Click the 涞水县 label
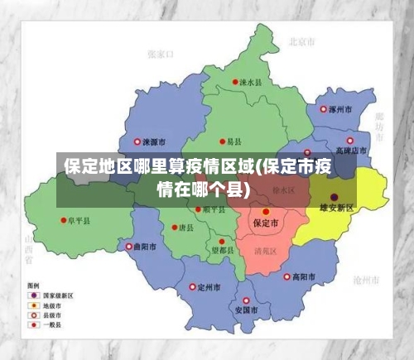point(251,83)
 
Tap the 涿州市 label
point(340,108)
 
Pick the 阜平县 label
point(79,220)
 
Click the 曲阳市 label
point(144,247)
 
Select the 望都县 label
point(223,249)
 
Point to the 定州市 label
point(209,287)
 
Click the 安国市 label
point(246,310)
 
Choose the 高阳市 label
point(304,276)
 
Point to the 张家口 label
point(160,54)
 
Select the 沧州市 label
point(364,280)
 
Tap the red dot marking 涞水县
point(234,83)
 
